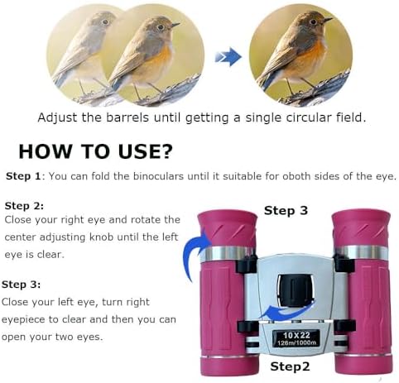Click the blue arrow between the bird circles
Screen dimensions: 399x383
pyautogui.click(x=228, y=57)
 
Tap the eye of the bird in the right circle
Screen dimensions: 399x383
pyautogui.click(x=313, y=22)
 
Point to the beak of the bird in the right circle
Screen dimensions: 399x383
pyautogui.click(x=328, y=20)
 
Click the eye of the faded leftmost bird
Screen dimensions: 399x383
pyautogui.click(x=104, y=22)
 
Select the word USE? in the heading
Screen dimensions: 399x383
pyautogui.click(x=145, y=151)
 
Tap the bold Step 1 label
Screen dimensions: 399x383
pyautogui.click(x=23, y=176)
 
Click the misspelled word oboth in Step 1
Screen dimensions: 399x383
pyautogui.click(x=296, y=176)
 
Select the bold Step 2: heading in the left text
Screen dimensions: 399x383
pyautogui.click(x=24, y=206)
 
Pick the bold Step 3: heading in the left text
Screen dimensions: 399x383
pyautogui.click(x=22, y=285)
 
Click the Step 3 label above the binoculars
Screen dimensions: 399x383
pyautogui.click(x=286, y=211)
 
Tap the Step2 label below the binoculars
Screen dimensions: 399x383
pyautogui.click(x=290, y=366)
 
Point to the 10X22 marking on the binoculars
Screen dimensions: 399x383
pyautogui.click(x=296, y=335)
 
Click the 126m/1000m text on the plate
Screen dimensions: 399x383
pyautogui.click(x=296, y=342)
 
